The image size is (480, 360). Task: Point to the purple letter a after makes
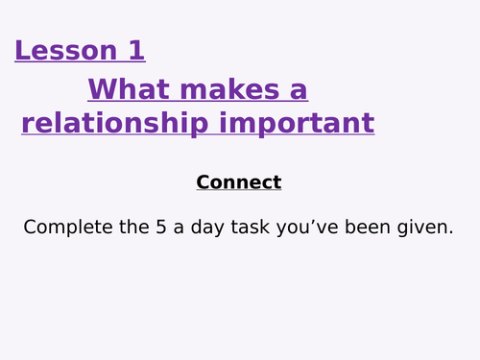pos(299,91)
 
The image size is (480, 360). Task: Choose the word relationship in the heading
pos(120,124)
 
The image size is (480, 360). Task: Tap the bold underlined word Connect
pos(239,182)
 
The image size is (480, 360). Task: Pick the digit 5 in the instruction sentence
pos(149,228)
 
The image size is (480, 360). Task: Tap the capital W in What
pos(102,90)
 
